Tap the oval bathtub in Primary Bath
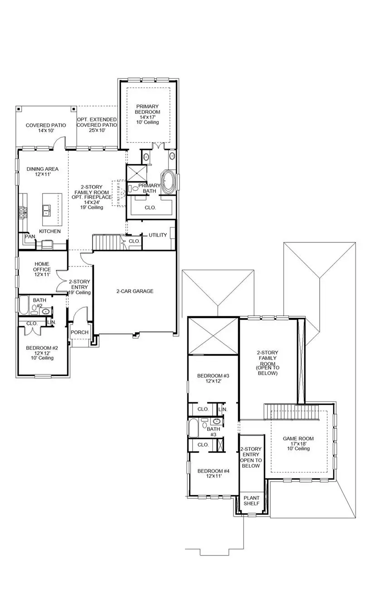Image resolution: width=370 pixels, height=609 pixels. click(x=169, y=181)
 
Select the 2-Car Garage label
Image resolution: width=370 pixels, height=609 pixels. click(x=135, y=291)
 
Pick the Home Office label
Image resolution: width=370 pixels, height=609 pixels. click(x=42, y=270)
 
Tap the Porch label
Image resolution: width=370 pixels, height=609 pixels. click(x=79, y=332)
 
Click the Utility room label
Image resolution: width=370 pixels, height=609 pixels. click(x=158, y=235)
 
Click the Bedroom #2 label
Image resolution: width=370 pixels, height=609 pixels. click(x=42, y=353)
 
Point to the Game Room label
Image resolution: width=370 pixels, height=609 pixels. click(x=298, y=443)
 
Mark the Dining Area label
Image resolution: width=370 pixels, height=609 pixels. click(x=42, y=172)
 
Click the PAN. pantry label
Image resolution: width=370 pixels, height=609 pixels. click(x=30, y=237)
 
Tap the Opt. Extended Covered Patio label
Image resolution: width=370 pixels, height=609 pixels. click(x=97, y=125)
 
